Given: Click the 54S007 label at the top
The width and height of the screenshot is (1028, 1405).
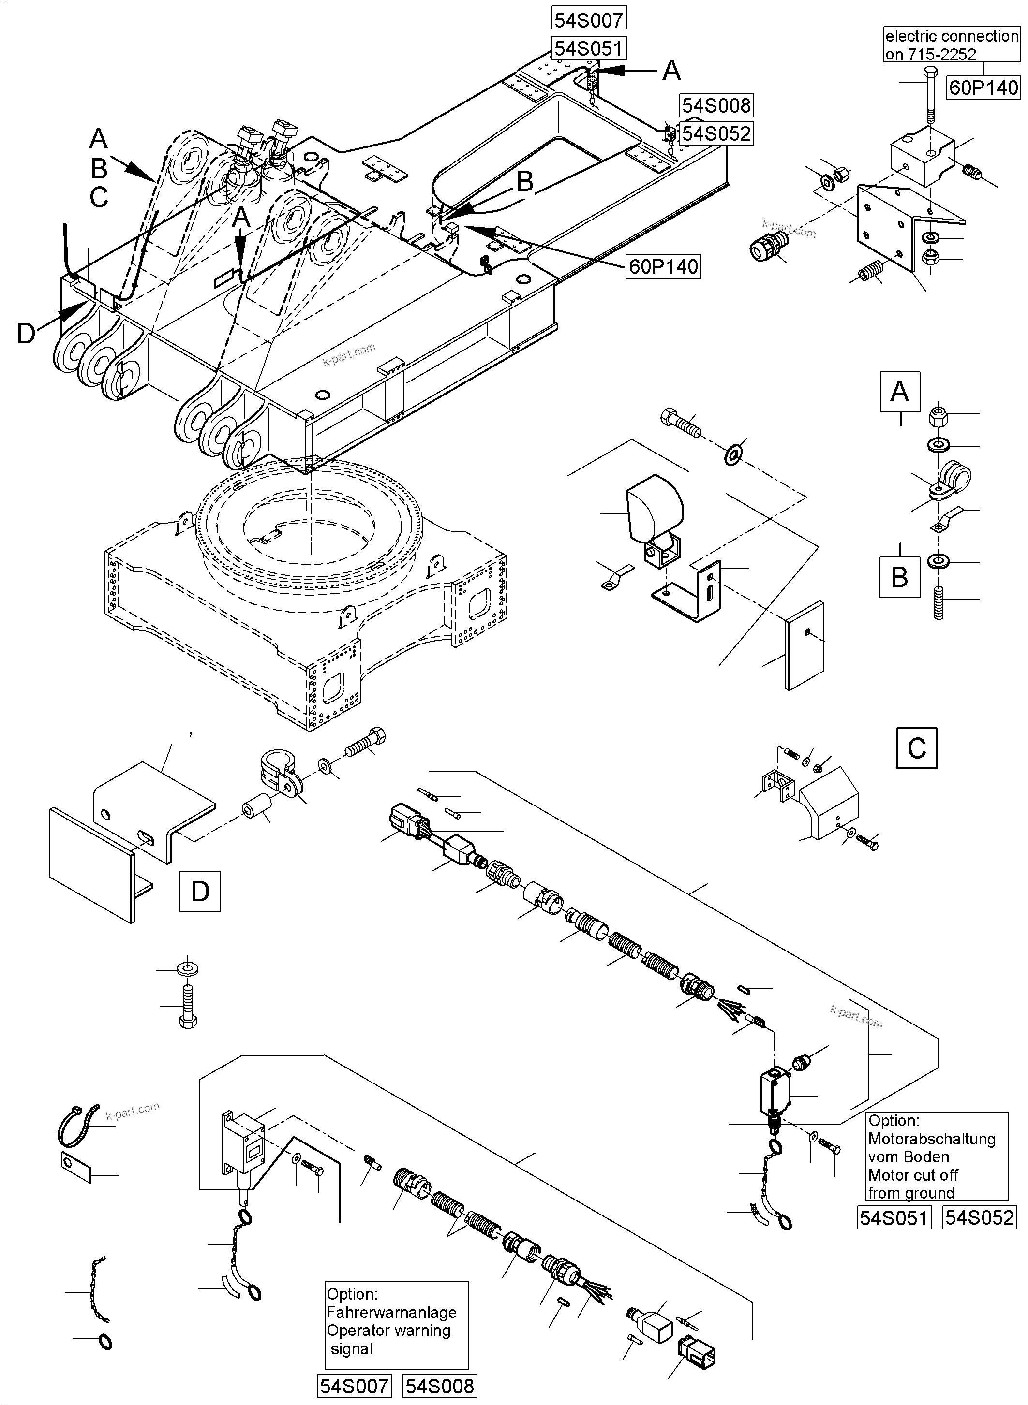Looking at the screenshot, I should point(588,20).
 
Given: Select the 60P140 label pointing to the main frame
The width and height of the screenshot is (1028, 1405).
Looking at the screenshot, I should point(663,266).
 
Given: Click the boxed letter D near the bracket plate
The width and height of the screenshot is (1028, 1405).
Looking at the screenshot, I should point(200,891).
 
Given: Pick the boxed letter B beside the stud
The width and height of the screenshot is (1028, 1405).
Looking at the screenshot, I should point(899,577).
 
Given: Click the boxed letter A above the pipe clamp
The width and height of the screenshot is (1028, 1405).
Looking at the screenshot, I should point(899,392).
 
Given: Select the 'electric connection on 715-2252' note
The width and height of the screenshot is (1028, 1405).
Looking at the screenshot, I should point(952,45).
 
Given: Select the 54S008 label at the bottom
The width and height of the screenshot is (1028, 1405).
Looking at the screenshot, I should point(439,1386).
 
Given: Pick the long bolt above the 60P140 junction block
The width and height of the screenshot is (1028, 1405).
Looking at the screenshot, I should point(930,96).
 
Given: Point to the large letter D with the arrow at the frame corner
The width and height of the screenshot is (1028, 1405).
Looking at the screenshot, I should point(26,334).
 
